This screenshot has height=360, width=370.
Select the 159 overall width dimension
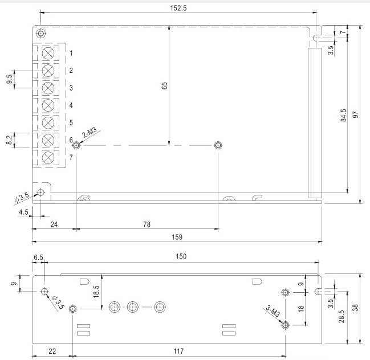pos(177,236)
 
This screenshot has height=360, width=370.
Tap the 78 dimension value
pos(147,224)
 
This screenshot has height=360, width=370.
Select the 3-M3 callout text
pos(272,310)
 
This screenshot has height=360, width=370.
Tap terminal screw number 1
pos(49,53)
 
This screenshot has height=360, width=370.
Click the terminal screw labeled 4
pos(49,105)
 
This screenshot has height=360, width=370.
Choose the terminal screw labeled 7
pos(49,157)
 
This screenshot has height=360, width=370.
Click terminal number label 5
pos(71,122)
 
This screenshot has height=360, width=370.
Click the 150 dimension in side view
pos(181,257)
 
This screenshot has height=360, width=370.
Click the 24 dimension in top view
pos(54,224)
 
